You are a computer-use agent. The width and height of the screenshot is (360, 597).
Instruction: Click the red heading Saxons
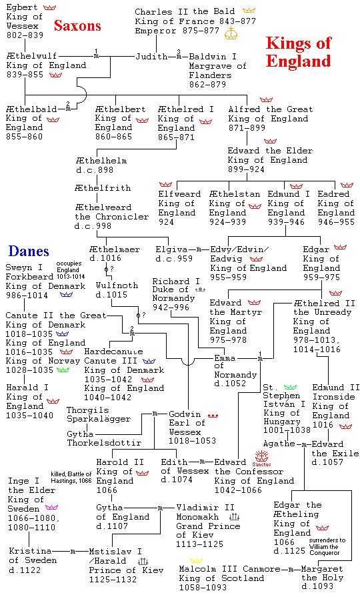click(77, 25)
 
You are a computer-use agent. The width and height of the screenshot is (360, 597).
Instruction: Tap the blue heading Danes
click(29, 251)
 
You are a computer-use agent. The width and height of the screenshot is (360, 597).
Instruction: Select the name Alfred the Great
click(271, 109)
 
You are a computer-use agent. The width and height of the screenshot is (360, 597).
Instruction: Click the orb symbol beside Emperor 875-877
click(231, 33)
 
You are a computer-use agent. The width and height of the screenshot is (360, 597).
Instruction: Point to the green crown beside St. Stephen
click(290, 387)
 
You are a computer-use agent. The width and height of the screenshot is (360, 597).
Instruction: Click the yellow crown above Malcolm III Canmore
click(197, 560)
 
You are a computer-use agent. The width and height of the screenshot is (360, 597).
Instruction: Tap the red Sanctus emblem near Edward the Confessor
click(262, 458)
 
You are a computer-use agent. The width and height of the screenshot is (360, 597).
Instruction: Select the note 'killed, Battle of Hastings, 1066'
click(71, 478)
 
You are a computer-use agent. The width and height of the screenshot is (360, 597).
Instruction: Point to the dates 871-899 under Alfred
click(247, 128)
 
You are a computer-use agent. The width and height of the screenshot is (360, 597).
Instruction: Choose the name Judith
click(151, 56)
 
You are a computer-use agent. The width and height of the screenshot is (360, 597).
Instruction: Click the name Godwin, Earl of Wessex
click(192, 427)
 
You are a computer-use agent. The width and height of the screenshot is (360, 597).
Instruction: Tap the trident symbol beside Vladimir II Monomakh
click(234, 517)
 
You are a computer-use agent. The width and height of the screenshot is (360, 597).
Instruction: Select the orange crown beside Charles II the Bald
click(249, 10)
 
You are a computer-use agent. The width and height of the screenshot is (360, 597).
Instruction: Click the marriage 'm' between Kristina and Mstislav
click(73, 552)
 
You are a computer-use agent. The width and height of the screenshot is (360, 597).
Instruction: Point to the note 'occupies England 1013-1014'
click(71, 270)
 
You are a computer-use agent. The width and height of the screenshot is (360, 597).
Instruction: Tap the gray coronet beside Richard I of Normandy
click(200, 289)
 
